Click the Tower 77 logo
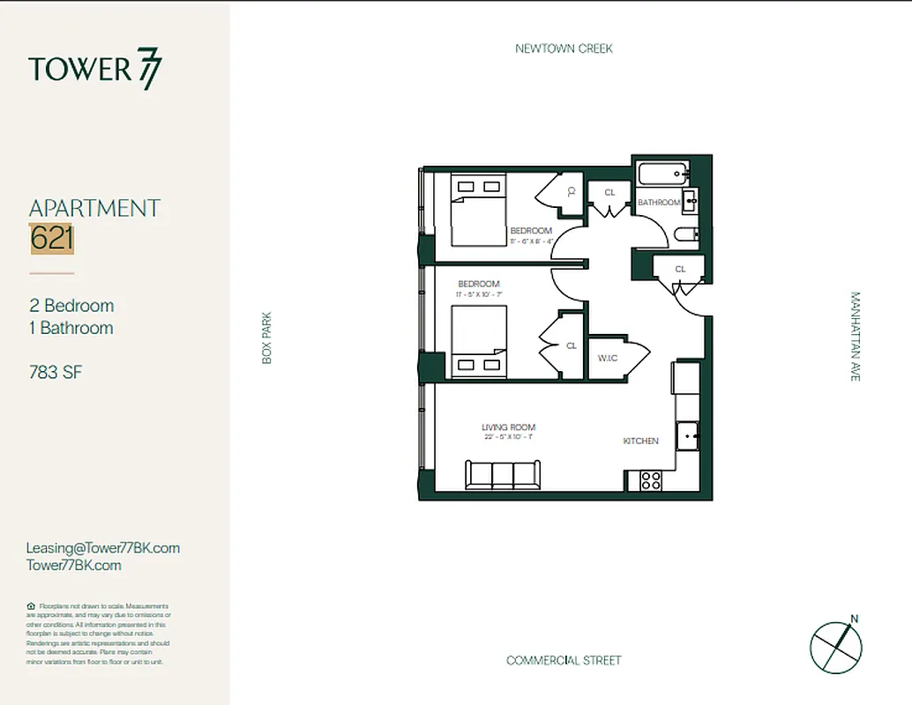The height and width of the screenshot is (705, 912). (x=95, y=70)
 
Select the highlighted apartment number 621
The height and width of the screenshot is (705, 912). (x=52, y=239)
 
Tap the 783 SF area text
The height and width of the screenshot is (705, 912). (x=56, y=372)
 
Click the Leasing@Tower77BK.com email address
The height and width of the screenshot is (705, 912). (x=103, y=548)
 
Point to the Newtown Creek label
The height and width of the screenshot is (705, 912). (x=564, y=48)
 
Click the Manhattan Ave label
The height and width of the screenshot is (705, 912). (x=855, y=337)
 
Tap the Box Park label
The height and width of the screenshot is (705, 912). (x=267, y=338)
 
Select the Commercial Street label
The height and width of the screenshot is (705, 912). (x=564, y=660)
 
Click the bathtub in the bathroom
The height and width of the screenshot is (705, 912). (x=660, y=174)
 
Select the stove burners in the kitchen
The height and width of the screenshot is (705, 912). (x=651, y=481)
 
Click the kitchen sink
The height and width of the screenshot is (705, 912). (x=687, y=434)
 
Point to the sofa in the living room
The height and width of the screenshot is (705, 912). (x=504, y=475)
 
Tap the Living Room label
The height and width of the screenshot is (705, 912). (x=508, y=427)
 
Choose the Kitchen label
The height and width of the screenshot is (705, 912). (x=641, y=441)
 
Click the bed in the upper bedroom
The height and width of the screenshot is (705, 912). (x=478, y=209)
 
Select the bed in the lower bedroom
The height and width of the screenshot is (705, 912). (x=479, y=342)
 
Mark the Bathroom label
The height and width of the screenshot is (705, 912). (x=659, y=203)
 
